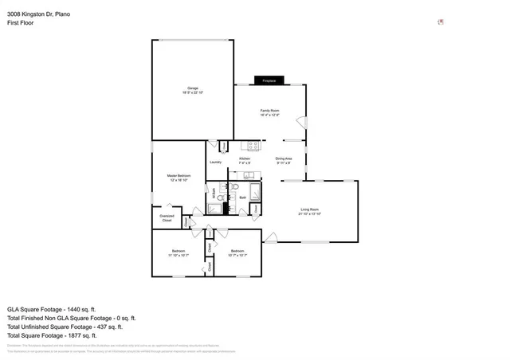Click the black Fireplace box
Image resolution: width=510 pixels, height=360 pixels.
click(269, 80)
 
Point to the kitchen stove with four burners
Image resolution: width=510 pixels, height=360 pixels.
click(254, 146)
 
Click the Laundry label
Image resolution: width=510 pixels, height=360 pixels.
click(215, 162)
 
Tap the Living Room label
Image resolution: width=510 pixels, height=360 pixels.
click(309, 211)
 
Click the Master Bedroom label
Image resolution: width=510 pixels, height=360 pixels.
click(178, 177)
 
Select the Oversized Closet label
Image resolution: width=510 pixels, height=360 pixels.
click(167, 217)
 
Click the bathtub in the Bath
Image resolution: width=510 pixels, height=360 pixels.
click(255, 193)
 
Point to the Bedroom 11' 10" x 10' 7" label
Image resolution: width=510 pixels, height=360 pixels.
click(177, 253)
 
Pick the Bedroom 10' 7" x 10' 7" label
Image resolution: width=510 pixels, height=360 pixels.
click(237, 253)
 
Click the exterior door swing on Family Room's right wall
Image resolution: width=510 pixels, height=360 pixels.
click(300, 123)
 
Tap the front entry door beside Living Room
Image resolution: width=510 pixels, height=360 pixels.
click(271, 237)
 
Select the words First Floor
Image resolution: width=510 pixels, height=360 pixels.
click(21, 22)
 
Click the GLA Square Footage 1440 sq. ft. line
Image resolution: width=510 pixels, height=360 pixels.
click(51, 308)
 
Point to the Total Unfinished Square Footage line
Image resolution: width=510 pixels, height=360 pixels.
click(65, 327)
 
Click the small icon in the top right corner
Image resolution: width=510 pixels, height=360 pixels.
click(441, 22)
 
